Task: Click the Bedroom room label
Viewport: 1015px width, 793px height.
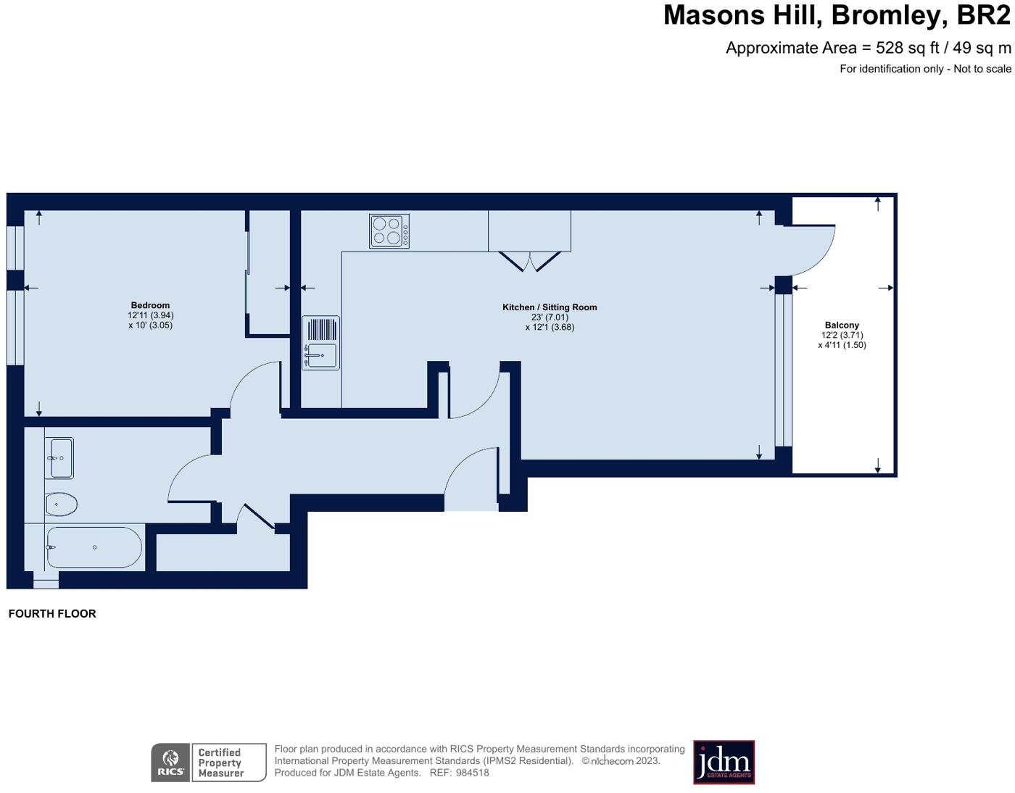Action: coord(150,305)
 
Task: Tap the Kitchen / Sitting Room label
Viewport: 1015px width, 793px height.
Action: coord(550,307)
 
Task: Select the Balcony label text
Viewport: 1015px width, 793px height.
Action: coord(842,325)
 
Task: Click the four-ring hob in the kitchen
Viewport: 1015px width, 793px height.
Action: coord(389,231)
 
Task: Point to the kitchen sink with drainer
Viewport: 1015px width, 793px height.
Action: coord(320,343)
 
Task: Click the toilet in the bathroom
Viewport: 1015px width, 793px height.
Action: coord(62,505)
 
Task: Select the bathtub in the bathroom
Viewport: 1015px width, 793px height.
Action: coord(94,547)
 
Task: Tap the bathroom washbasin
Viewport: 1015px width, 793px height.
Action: coord(60,458)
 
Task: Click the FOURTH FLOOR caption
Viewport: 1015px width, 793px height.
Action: coord(52,613)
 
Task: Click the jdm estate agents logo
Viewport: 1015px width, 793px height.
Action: coord(724,762)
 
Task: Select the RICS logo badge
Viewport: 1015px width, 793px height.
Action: coord(171,763)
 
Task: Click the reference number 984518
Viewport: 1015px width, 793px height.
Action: coord(472,773)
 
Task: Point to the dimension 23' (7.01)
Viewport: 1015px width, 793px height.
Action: coord(550,317)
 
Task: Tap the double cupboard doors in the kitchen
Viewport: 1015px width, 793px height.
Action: coord(530,261)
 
